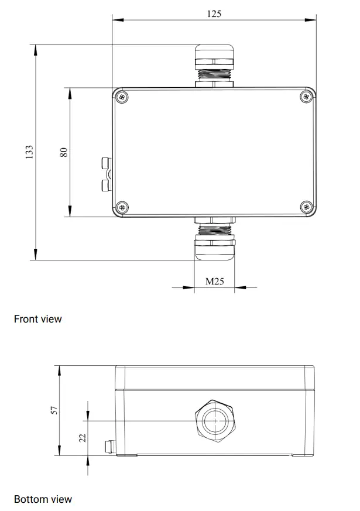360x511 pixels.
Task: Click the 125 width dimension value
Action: tap(214, 13)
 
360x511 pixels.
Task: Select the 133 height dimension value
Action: tap(29, 152)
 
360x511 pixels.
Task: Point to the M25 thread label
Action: tap(214, 282)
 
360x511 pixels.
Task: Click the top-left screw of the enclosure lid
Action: tap(122, 97)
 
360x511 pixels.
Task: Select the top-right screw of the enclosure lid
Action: tap(306, 97)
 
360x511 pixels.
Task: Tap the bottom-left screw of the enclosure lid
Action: tap(122, 207)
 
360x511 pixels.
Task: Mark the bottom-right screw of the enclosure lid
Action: tap(306, 207)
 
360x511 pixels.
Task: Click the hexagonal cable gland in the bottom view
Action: tap(215, 420)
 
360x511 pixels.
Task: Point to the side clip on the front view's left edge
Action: tap(106, 175)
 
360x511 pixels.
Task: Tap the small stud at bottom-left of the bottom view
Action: tap(107, 448)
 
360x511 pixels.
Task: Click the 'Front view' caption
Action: tap(37, 319)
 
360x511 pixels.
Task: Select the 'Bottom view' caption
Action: tap(43, 499)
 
